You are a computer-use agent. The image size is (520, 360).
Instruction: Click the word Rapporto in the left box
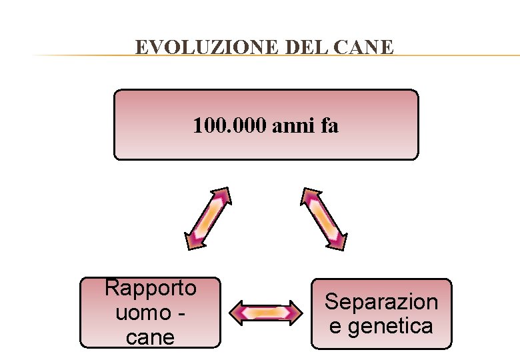(151, 288)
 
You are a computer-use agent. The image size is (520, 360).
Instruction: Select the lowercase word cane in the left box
(150, 337)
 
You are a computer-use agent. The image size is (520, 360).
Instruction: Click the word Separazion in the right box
(381, 302)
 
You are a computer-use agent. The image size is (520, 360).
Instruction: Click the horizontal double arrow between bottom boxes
(265, 312)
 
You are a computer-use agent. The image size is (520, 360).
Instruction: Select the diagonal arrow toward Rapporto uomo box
(208, 219)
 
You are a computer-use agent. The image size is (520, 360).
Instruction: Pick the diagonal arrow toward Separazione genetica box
(324, 219)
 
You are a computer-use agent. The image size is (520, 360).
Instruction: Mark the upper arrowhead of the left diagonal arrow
(223, 195)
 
